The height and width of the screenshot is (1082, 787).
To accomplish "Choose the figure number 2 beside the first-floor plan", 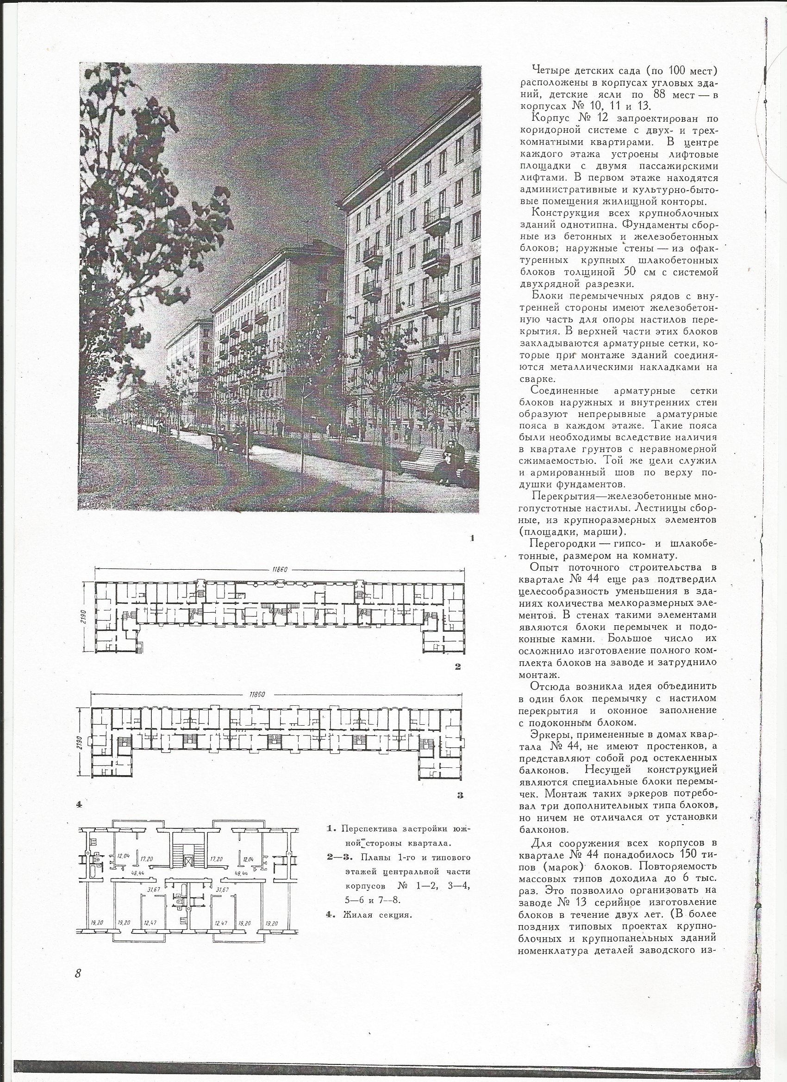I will [458, 666].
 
